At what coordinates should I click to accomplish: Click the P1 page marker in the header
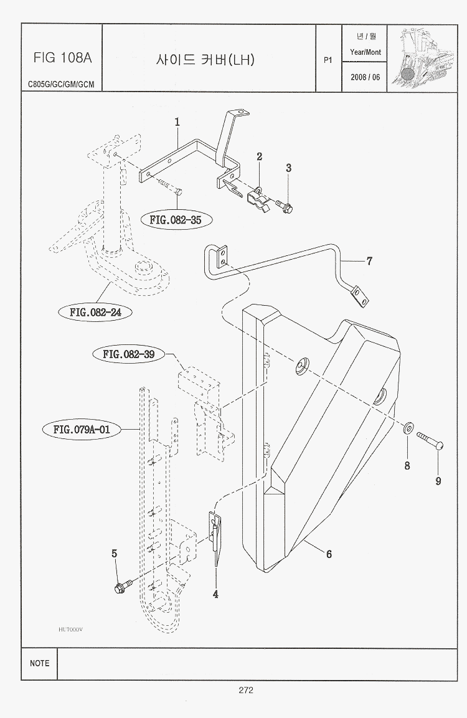(328, 60)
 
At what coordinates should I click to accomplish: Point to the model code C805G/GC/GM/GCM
(61, 84)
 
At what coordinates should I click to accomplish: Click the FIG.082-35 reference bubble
(176, 219)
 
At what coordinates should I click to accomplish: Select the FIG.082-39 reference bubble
(129, 354)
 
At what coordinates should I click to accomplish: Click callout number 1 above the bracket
(177, 122)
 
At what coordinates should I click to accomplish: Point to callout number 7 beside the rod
(369, 261)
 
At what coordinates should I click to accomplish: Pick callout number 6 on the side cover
(329, 554)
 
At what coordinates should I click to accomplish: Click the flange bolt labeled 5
(123, 587)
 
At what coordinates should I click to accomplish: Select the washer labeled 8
(409, 428)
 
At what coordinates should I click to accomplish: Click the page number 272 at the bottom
(245, 690)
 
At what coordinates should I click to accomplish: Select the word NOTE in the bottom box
(39, 663)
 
